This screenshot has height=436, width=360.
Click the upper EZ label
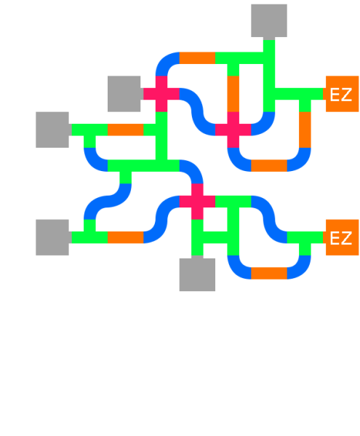340,95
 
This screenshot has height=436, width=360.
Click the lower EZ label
340,238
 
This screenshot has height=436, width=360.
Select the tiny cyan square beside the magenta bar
149,153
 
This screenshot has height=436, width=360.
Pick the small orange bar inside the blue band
269,166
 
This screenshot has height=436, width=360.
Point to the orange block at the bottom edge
269,280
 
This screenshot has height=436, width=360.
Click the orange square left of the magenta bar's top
125,135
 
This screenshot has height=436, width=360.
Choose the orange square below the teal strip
125,249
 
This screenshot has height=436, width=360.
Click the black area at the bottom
180,364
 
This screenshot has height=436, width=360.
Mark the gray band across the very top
180,21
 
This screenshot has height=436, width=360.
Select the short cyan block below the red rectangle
221,105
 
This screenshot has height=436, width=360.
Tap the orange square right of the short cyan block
244,93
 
